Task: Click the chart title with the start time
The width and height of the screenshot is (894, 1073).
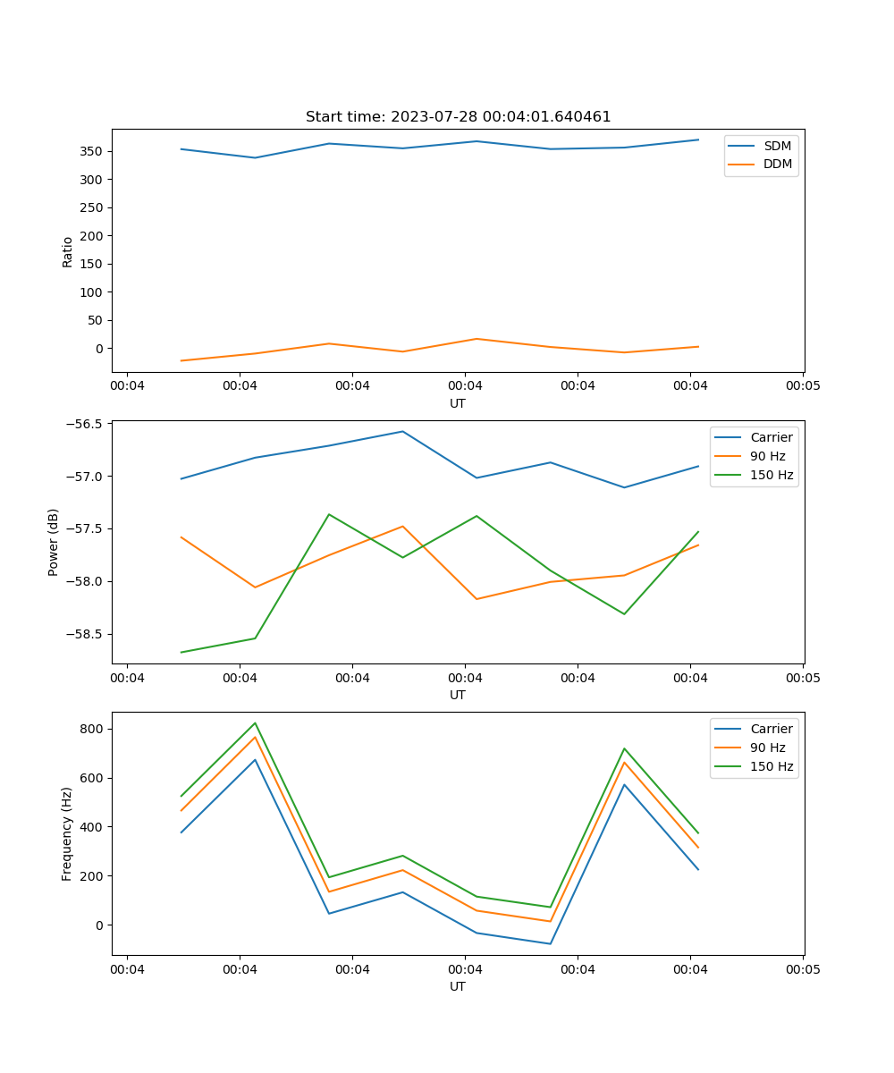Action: click(x=458, y=117)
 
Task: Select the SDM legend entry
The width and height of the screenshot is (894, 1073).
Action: click(x=777, y=146)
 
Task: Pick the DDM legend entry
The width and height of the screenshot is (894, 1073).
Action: click(x=777, y=164)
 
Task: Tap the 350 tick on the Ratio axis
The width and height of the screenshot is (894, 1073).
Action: click(x=93, y=151)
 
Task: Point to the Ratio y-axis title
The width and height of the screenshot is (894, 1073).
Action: click(x=68, y=251)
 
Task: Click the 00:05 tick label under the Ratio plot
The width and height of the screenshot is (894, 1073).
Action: click(x=802, y=387)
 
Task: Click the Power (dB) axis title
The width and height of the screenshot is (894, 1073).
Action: click(x=54, y=542)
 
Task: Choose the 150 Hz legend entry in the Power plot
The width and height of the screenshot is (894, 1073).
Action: click(x=772, y=475)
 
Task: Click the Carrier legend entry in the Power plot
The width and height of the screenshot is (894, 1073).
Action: click(x=772, y=437)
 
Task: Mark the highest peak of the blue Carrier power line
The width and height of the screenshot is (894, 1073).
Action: click(x=402, y=431)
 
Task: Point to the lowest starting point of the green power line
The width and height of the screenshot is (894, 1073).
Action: click(x=181, y=652)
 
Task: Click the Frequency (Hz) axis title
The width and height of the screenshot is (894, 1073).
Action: click(x=67, y=833)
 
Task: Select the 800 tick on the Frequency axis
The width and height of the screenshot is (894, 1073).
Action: click(x=93, y=729)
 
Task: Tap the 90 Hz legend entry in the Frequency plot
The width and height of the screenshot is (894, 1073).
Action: click(x=768, y=748)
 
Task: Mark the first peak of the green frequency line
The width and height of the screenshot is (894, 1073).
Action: click(x=255, y=722)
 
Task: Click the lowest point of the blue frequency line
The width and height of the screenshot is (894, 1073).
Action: click(x=550, y=943)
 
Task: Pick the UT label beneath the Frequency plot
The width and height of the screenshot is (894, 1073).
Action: click(x=458, y=986)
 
